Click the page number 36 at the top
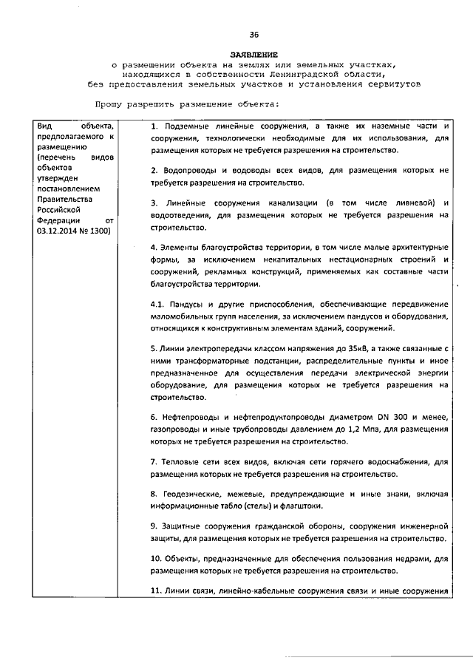(253, 35)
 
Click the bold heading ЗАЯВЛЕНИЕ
(253, 55)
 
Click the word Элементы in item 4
(176, 246)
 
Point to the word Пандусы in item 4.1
(183, 304)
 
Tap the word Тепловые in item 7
(178, 462)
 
